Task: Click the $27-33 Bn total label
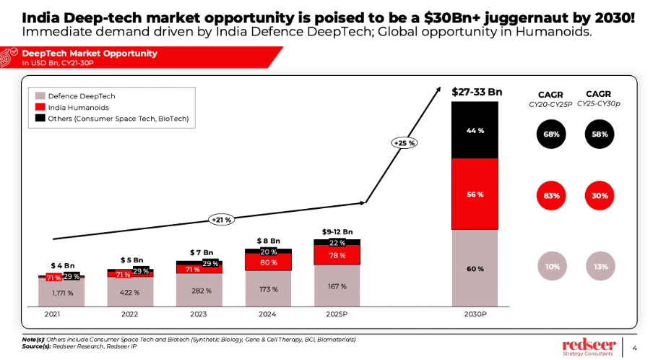[x=477, y=92]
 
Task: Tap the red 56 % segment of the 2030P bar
[x=475, y=194]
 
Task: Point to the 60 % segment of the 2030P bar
[x=475, y=269]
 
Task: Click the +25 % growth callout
[x=404, y=143]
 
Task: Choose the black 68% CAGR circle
[x=550, y=134]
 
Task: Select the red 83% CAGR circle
[x=550, y=195]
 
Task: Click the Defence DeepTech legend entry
[x=76, y=96]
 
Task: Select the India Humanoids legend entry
[x=72, y=107]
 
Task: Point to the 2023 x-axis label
[x=199, y=315]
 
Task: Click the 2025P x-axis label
[x=337, y=315]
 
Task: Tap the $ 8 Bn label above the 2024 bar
[x=268, y=240]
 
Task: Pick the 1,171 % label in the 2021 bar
[x=62, y=293]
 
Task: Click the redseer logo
[x=588, y=346]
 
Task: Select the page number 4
[x=635, y=345]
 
